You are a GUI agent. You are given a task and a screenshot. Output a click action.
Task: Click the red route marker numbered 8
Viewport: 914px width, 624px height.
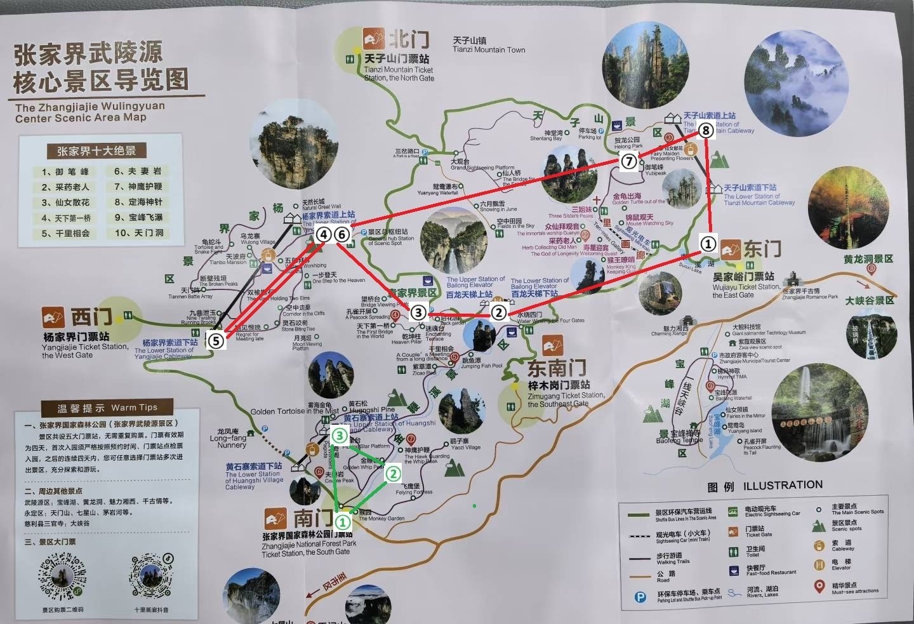pos(706,131)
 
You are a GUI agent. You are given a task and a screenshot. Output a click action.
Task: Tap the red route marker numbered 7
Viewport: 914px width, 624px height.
pos(628,161)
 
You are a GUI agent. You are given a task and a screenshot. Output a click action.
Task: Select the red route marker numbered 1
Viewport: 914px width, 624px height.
pos(708,243)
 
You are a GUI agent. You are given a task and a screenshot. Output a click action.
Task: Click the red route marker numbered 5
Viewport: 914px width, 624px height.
pos(216,341)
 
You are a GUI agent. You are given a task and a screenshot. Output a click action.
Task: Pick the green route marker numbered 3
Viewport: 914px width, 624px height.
pos(340,435)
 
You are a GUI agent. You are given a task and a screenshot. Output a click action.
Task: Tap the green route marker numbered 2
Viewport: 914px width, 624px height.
pos(394,473)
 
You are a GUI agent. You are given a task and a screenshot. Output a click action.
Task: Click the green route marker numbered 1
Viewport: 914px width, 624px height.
pos(342,522)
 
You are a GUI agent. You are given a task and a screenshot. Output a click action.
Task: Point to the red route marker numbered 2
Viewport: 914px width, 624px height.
pos(499,312)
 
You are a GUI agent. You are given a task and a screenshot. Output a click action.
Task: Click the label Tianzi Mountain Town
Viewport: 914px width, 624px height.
pos(489,50)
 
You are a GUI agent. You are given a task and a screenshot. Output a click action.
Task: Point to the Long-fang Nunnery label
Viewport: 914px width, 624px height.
pos(228,441)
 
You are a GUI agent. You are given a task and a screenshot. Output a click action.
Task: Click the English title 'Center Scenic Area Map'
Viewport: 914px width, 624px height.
pos(81,118)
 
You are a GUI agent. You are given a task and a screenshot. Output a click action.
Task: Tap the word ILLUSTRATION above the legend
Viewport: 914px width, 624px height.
pos(783,486)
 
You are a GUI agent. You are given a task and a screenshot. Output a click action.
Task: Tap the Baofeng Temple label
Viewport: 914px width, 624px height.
pos(679,441)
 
